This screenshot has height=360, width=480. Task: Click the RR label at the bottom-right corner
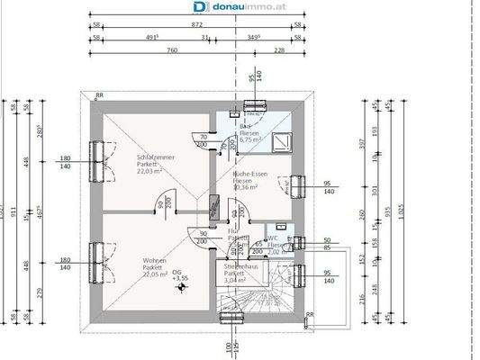click(x=309, y=315)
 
